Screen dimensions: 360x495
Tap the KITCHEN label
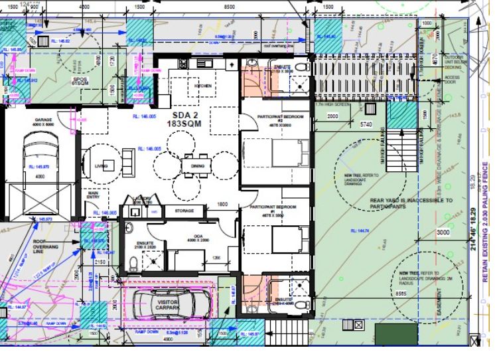pos(202,86)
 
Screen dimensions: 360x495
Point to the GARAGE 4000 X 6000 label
pos(44,124)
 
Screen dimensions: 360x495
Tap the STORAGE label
pos(184,211)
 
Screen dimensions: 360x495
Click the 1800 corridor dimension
pos(222,205)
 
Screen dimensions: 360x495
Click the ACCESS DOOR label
pos(452,80)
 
